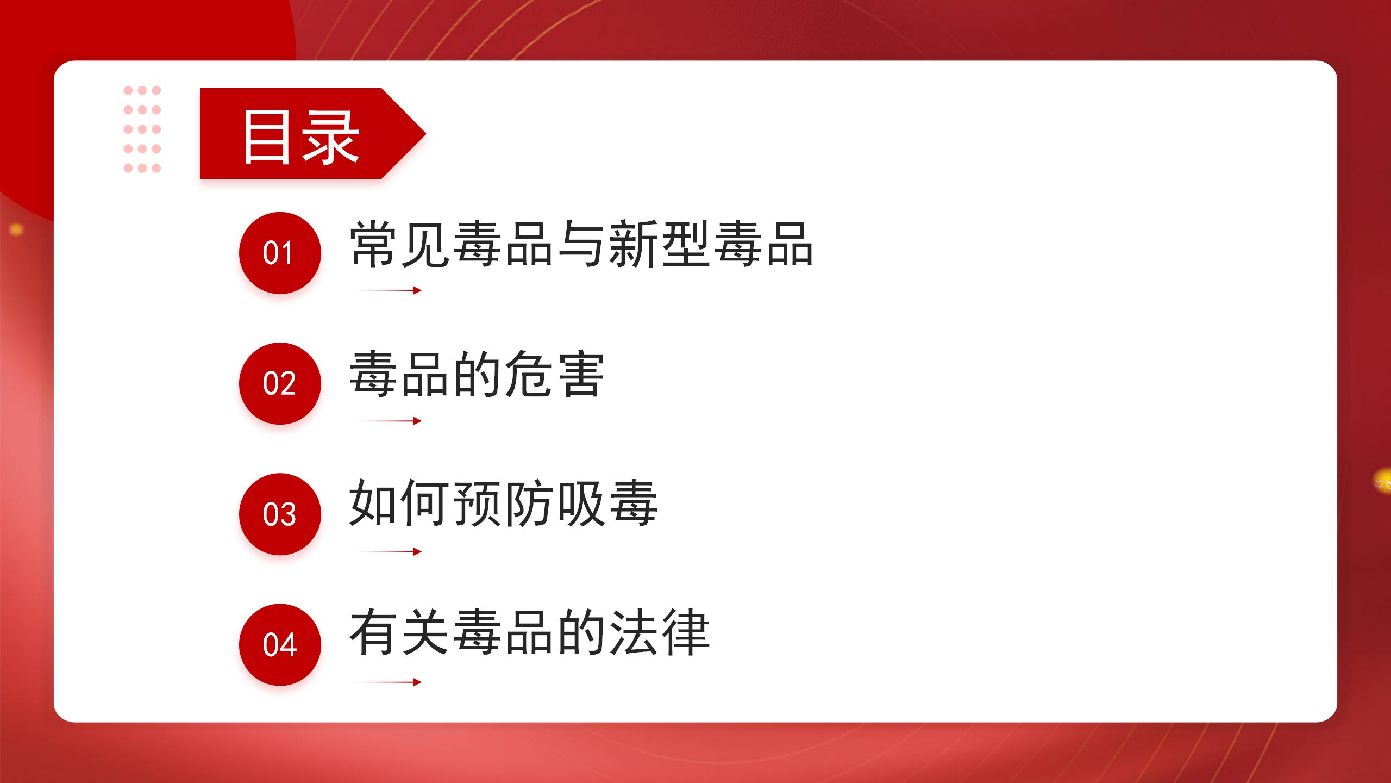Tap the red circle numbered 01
(x=280, y=253)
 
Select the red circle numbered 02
(x=280, y=383)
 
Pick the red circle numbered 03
(x=280, y=514)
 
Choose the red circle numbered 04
(x=280, y=645)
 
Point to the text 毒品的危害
(x=477, y=375)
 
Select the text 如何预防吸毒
(x=503, y=503)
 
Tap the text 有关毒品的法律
(x=529, y=633)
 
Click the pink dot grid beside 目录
(x=142, y=129)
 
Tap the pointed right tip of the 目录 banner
(x=425, y=133)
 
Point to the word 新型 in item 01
(x=660, y=244)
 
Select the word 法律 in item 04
(x=660, y=633)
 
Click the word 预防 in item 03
(x=503, y=503)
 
